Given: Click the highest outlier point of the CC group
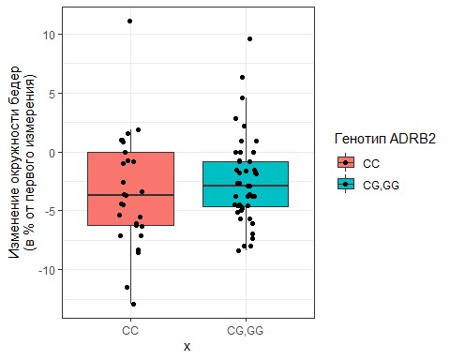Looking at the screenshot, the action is click(x=129, y=22).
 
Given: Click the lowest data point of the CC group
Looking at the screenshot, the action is click(x=133, y=304).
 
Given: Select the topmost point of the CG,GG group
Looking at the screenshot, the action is click(x=249, y=39).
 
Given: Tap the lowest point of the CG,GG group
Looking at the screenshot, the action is click(x=239, y=250).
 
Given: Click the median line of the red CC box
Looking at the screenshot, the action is click(x=130, y=195).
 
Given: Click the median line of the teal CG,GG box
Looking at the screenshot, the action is click(x=246, y=186).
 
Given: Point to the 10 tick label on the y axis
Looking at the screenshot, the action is click(x=50, y=35).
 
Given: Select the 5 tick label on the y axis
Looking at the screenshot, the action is click(x=53, y=94).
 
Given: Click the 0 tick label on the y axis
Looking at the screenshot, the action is click(x=53, y=153).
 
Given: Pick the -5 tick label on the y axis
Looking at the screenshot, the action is click(x=51, y=211).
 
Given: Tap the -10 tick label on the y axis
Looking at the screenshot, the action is click(x=48, y=270).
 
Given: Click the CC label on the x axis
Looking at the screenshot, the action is click(x=130, y=331).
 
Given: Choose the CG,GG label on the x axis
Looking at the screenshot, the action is click(x=246, y=331).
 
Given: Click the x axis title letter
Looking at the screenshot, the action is click(x=187, y=347).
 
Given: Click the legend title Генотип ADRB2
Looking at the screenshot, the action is click(x=385, y=139).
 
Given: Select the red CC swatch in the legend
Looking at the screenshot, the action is click(x=346, y=163).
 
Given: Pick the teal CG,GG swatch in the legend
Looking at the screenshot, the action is click(x=346, y=185).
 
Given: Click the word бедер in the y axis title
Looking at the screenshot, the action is click(x=15, y=82).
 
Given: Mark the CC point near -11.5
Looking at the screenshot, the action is click(x=127, y=287).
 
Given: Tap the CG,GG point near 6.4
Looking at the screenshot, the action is click(x=243, y=78).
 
